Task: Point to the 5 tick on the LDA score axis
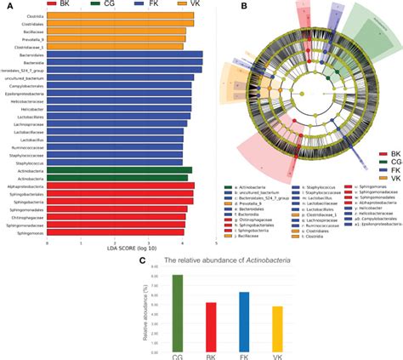pos(216,241)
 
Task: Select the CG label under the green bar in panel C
pos(177,355)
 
